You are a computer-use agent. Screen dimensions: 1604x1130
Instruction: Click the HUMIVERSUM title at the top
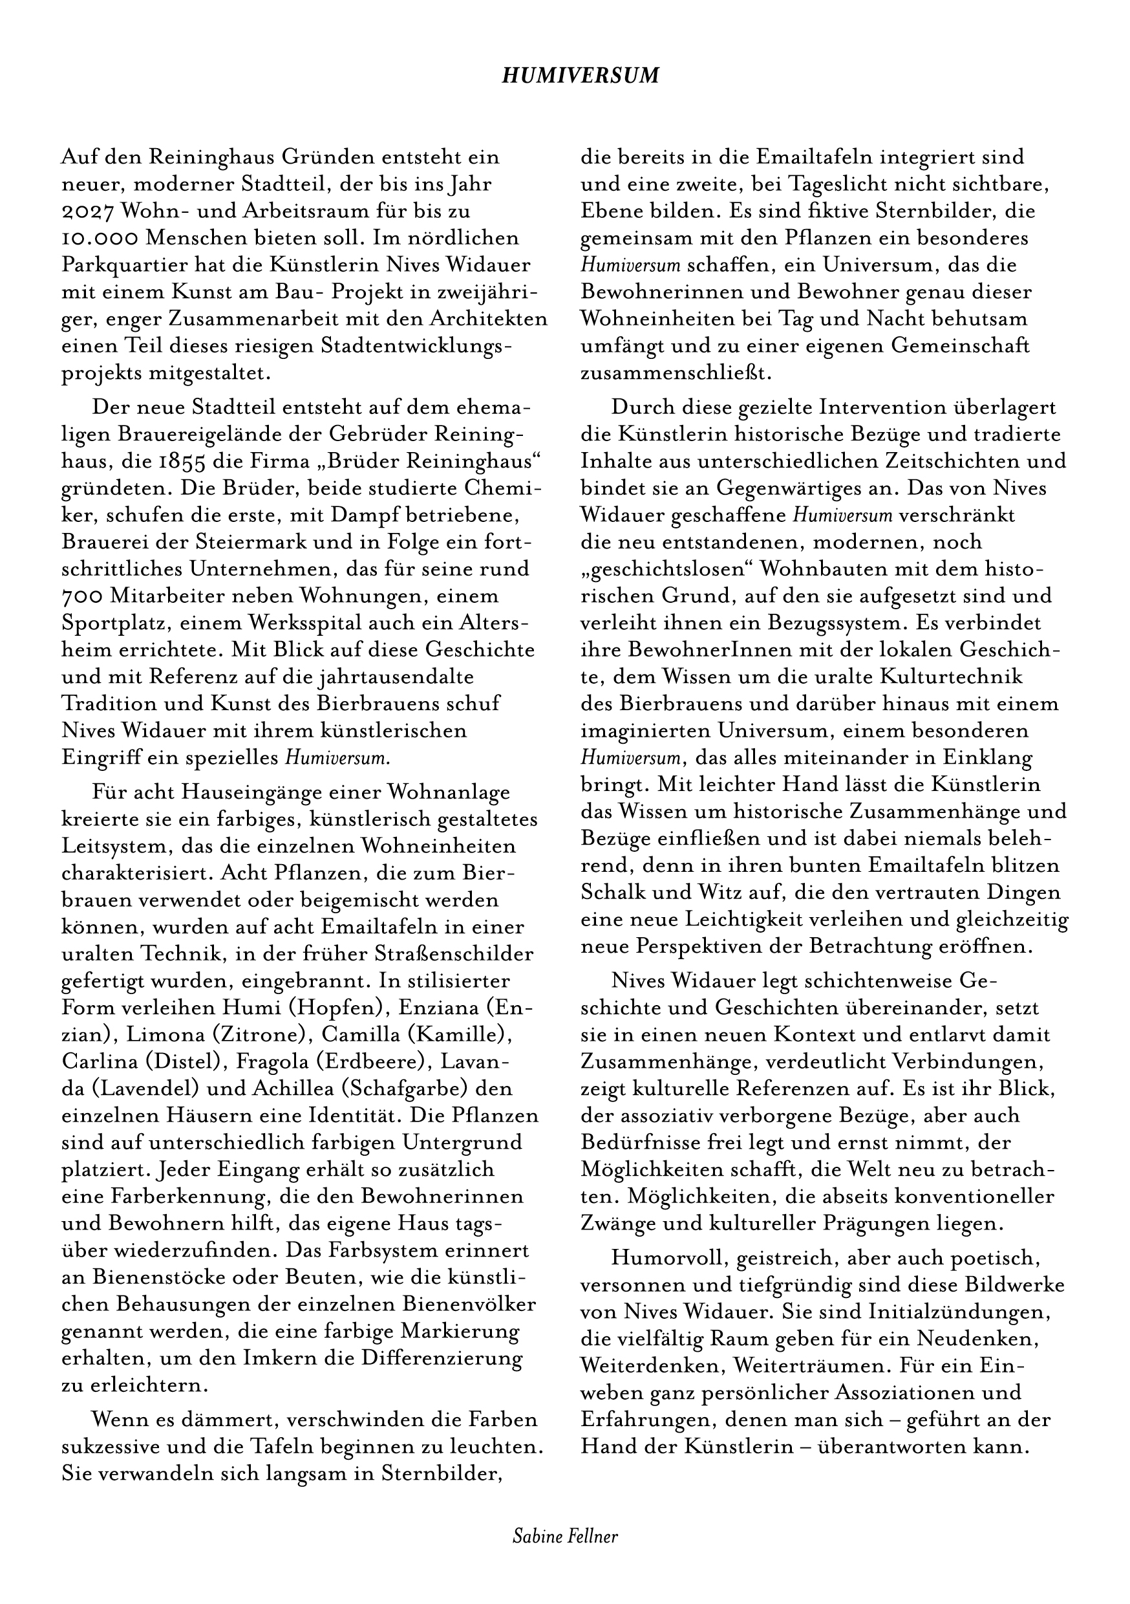pyautogui.click(x=581, y=76)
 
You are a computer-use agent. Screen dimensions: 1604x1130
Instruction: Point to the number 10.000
pyautogui.click(x=100, y=238)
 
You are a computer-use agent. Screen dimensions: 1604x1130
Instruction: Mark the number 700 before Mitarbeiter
pyautogui.click(x=85, y=596)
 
